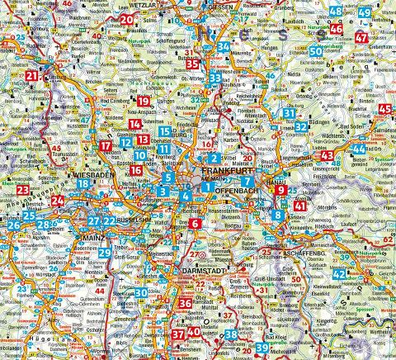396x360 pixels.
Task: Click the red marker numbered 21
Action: [x=31, y=77]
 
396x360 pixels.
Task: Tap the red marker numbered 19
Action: [x=144, y=101]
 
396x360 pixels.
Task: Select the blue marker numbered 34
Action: [x=224, y=47]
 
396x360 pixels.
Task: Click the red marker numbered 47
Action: [x=384, y=39]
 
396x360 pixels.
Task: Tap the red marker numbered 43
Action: [x=328, y=155]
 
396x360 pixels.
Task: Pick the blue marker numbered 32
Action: [x=302, y=126]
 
